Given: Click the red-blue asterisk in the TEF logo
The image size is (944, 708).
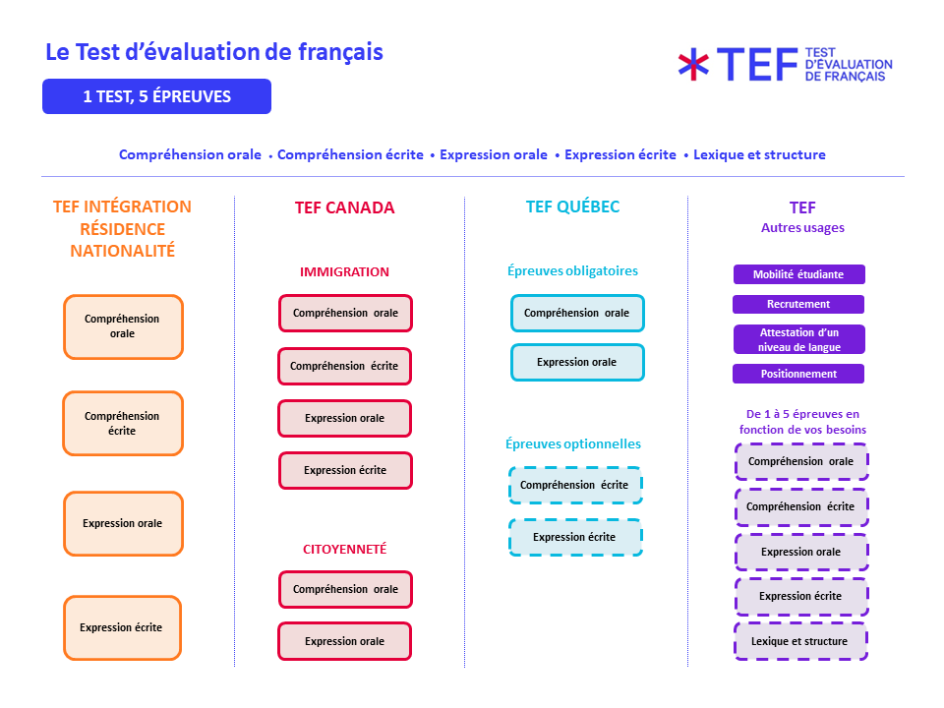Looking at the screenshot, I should tap(693, 64).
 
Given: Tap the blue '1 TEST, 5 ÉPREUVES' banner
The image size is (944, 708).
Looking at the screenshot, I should tap(156, 96).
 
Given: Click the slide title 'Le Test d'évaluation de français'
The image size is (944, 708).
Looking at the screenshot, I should tap(214, 52).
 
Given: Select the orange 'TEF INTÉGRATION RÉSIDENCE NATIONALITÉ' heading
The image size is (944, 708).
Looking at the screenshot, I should tap(122, 228).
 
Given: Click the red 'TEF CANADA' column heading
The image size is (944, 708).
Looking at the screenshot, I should tap(344, 207).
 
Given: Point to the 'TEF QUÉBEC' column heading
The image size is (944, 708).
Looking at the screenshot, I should tap(572, 206).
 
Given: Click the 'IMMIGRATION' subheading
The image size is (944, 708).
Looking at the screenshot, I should tap(344, 271).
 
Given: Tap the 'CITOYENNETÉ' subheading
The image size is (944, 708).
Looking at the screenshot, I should tap(344, 549).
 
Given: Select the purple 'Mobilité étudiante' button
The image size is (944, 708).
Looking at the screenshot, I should tap(798, 274).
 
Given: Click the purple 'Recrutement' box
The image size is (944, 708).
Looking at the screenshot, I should tap(798, 304).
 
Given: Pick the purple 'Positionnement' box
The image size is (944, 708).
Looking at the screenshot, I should tap(798, 374).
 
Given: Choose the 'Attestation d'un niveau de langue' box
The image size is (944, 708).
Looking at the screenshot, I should tap(798, 339).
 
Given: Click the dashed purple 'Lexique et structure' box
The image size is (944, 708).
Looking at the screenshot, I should tap(800, 641).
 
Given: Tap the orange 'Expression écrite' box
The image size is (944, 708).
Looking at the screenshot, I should tap(123, 627).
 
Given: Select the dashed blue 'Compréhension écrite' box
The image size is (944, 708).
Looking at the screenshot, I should tap(575, 485).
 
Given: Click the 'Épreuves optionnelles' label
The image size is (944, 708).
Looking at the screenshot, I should tap(573, 444).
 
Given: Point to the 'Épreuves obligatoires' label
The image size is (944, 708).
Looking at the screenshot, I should tap(572, 270).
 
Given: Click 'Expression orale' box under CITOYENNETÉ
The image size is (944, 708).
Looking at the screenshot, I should tap(344, 641).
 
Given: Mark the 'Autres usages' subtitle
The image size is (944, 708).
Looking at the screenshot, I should tap(802, 227).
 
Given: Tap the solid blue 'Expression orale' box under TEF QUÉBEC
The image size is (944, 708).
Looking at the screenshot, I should tap(577, 362).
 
